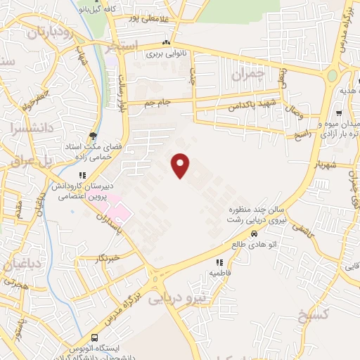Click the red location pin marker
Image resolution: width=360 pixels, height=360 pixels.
pos(181,165)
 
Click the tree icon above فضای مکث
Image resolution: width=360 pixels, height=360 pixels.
pos(93,136)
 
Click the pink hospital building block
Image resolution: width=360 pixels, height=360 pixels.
pos(120,211)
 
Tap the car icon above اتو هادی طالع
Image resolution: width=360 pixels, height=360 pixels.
pos(254,234)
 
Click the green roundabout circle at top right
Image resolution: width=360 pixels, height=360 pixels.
pos(332,75)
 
